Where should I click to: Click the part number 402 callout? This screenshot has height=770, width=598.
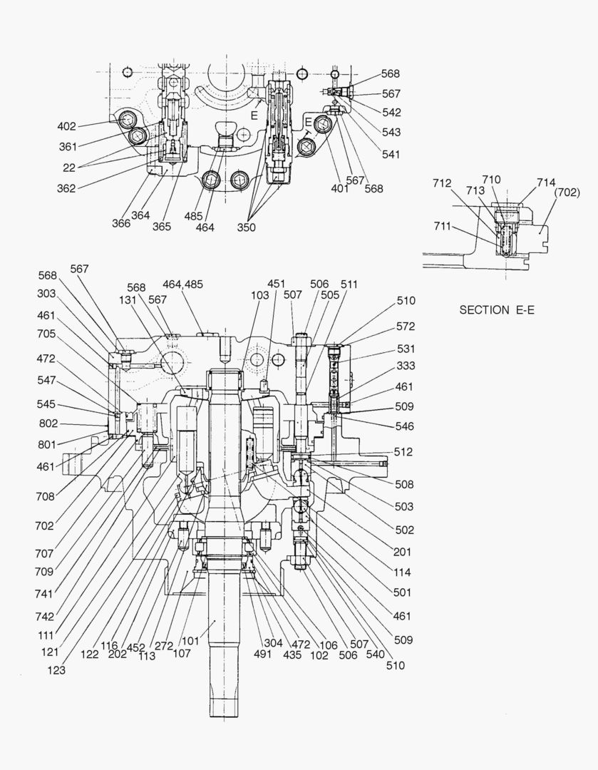[66, 127]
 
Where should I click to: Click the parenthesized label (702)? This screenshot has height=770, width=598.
[567, 192]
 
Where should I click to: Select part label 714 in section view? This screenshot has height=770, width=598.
[547, 183]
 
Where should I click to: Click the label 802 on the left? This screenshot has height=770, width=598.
[48, 423]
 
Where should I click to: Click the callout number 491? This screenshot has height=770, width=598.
[263, 654]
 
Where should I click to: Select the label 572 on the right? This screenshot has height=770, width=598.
[406, 327]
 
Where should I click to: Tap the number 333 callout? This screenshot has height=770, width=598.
[406, 366]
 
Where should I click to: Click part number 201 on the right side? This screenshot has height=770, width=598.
[403, 552]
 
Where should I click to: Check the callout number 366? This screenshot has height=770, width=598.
[121, 223]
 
